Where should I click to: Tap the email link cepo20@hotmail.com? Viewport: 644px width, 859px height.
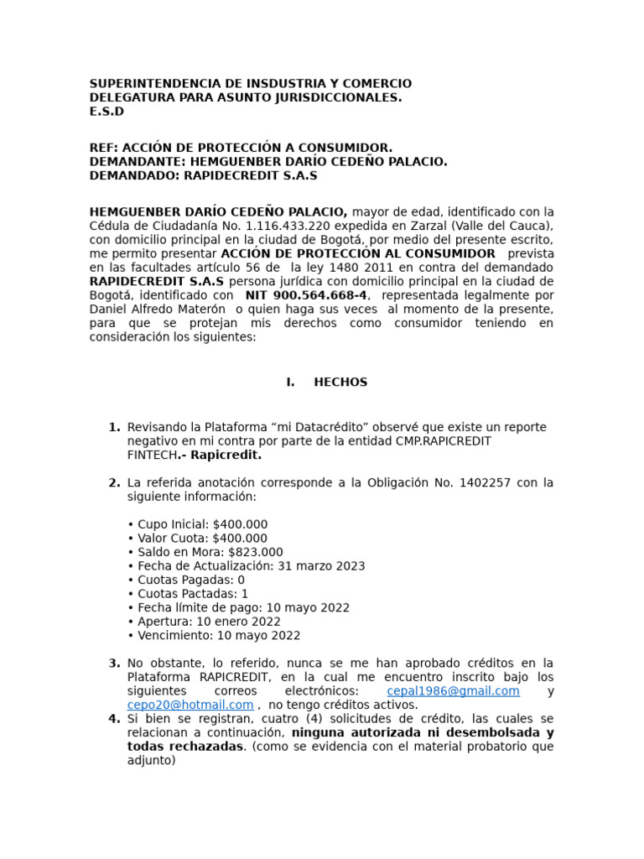pyautogui.click(x=190, y=705)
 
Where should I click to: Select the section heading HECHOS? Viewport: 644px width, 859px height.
pyautogui.click(x=340, y=382)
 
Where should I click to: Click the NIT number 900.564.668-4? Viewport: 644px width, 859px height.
pyautogui.click(x=306, y=295)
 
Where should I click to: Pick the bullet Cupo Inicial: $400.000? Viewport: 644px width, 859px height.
pyautogui.click(x=197, y=524)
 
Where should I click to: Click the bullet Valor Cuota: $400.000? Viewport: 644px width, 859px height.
pyautogui.click(x=197, y=539)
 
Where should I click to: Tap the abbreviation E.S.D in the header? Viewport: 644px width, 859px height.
pyautogui.click(x=106, y=112)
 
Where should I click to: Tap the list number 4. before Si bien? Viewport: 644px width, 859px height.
pyautogui.click(x=114, y=719)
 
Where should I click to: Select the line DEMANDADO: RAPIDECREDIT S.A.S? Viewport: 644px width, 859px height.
pyautogui.click(x=203, y=176)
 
